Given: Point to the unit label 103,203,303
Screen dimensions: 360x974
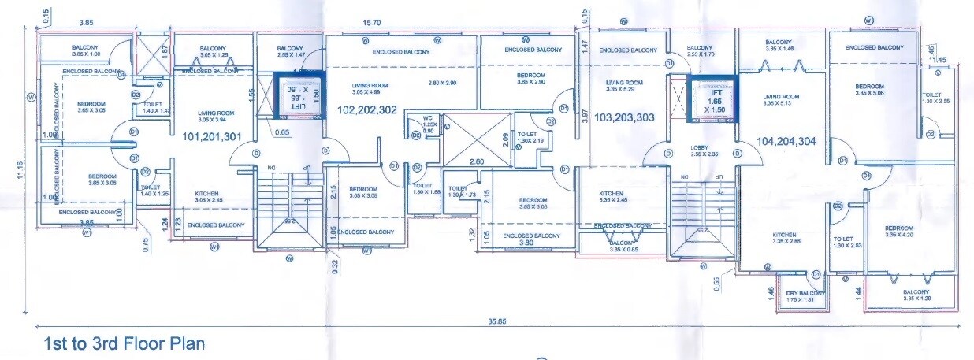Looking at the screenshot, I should pyautogui.click(x=624, y=117).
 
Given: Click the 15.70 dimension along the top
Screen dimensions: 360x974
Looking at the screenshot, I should pyautogui.click(x=372, y=24).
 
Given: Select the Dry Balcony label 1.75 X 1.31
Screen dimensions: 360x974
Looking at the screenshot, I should pyautogui.click(x=805, y=297).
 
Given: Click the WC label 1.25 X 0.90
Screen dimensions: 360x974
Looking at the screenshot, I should pyautogui.click(x=429, y=128).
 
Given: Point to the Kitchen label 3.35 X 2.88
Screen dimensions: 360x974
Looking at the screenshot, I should pyautogui.click(x=784, y=239).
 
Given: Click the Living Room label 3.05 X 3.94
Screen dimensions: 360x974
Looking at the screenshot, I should pyautogui.click(x=210, y=117).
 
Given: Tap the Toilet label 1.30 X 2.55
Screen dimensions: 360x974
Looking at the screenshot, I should pyautogui.click(x=935, y=98).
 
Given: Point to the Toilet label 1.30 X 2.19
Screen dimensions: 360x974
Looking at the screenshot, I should pyautogui.click(x=528, y=139).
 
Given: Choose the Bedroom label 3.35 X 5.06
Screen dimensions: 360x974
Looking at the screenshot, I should pyautogui.click(x=879, y=89).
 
